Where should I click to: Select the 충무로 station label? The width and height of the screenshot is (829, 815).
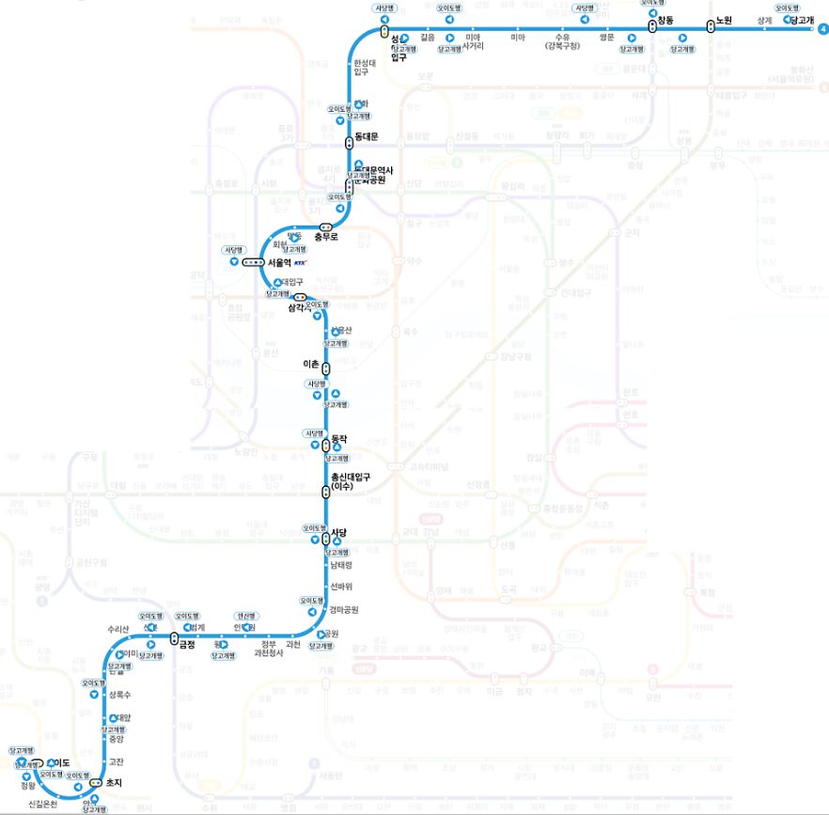325,237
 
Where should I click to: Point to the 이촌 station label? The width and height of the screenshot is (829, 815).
310,364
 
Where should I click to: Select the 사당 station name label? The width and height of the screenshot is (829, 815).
339,533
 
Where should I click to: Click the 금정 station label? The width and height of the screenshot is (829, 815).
187,644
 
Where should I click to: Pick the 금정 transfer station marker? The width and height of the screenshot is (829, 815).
175,638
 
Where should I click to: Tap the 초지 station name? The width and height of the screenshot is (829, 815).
114,782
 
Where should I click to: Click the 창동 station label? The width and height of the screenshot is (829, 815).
666,20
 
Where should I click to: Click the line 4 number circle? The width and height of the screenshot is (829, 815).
823,29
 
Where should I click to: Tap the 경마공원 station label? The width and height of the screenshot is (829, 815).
343,609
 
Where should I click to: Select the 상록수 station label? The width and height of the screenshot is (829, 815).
119,695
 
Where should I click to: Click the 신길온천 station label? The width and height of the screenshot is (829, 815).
42,803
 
